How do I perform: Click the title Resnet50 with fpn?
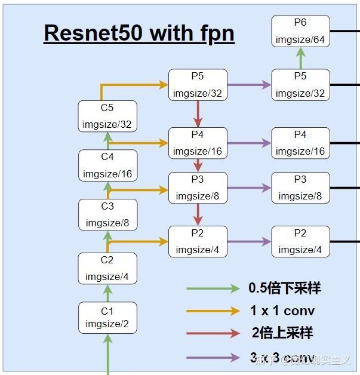tap(139, 33)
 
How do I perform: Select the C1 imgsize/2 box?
tap(107, 317)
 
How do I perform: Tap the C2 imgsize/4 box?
tap(107, 268)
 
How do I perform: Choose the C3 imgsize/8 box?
tap(107, 214)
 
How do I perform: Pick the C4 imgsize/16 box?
tap(107, 165)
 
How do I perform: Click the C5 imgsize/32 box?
tap(107, 116)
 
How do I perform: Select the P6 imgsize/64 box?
tap(300, 31)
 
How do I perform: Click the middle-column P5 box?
tap(198, 85)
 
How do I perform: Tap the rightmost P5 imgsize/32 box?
tap(300, 85)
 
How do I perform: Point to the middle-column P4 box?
tap(198, 143)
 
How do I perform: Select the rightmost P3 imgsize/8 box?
tap(300, 187)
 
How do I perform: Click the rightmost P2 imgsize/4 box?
tap(300, 241)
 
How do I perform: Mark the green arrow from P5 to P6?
tap(300, 58)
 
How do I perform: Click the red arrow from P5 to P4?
tap(198, 113)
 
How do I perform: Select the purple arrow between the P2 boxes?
tap(249, 242)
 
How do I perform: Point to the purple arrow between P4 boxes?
tap(249, 143)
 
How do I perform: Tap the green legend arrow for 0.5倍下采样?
tap(213, 288)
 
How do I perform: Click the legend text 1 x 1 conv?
tap(282, 311)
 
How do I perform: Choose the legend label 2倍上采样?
tap(282, 333)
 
